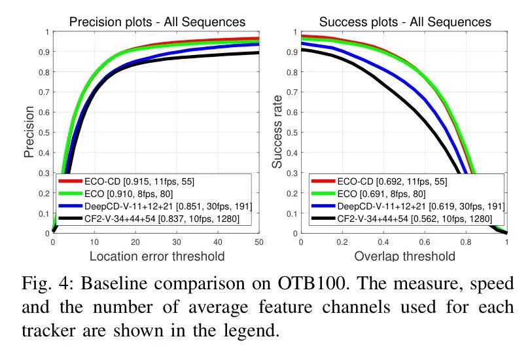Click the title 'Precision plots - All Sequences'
158,23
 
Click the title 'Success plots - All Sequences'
404,23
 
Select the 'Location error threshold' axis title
158,256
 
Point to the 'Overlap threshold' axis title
404,256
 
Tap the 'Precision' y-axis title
29,132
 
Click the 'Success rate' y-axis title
277,132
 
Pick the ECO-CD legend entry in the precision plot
128,181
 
